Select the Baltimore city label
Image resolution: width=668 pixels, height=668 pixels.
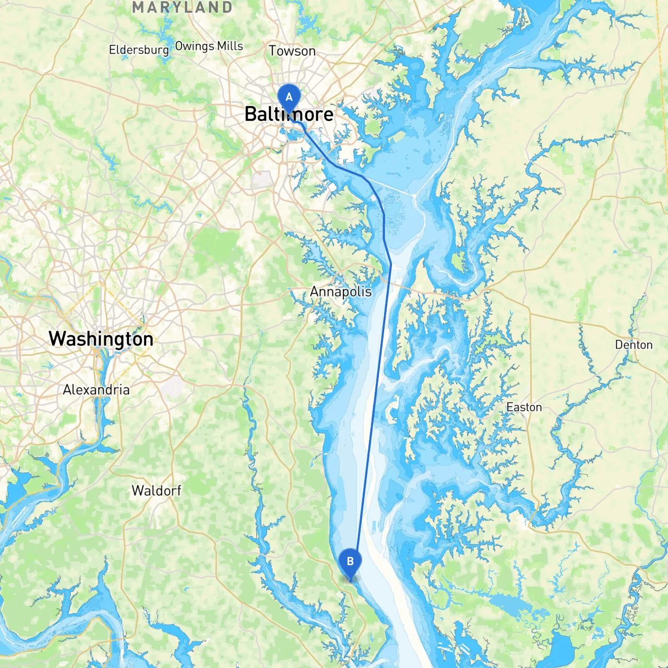click(289, 114)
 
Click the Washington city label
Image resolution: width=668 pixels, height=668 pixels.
click(101, 339)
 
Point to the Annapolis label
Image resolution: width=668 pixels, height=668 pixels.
click(341, 292)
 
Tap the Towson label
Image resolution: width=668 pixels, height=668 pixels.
click(292, 51)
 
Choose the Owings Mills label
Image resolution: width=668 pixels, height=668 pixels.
click(209, 46)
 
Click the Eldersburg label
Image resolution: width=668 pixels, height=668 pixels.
click(139, 50)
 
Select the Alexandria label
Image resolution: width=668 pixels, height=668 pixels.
click(96, 390)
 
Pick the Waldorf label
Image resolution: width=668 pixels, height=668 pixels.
click(156, 491)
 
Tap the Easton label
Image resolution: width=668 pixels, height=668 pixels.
click(524, 408)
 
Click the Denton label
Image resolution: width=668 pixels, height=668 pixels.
click(634, 345)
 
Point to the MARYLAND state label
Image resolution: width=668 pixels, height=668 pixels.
click(182, 7)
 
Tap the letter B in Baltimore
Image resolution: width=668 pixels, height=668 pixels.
click(250, 114)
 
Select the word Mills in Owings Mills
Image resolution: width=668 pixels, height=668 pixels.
click(230, 46)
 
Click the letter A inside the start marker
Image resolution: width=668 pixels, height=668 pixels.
click(289, 97)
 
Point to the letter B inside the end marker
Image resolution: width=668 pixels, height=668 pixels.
click(350, 561)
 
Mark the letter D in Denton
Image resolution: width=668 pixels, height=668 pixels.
click(618, 345)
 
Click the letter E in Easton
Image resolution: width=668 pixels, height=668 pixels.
click(509, 408)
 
